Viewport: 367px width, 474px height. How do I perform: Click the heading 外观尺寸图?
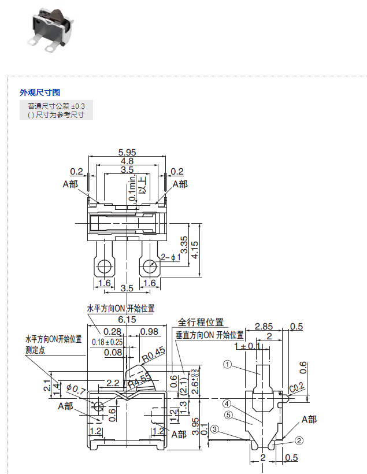tap(40, 92)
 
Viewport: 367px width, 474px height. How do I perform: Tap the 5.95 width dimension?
tap(127, 152)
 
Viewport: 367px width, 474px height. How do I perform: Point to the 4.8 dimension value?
tap(127, 161)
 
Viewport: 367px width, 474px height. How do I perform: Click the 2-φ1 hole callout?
tap(171, 257)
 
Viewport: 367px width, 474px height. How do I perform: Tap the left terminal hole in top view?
tap(105, 266)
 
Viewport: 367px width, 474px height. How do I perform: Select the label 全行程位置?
tap(201, 323)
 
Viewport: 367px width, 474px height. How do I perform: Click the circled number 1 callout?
tap(228, 365)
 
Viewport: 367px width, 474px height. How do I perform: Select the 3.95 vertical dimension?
tap(196, 427)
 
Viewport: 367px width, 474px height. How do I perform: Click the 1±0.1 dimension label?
tap(247, 346)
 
